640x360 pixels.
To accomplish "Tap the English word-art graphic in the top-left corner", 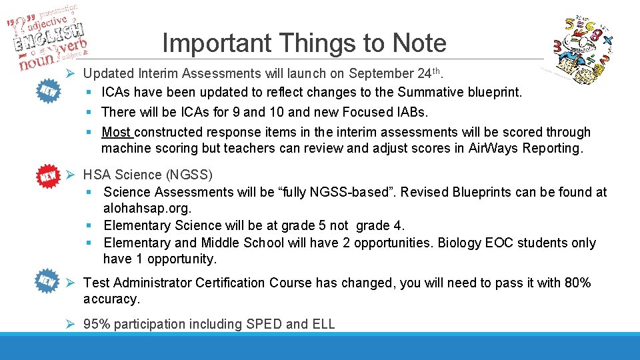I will (x=50, y=37).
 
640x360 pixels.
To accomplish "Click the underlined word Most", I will (x=117, y=133).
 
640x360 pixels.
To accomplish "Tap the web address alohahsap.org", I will (x=143, y=209).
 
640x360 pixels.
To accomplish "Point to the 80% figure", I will (x=577, y=283).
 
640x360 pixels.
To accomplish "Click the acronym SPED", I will (x=264, y=324).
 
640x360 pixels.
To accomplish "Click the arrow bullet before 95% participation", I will (x=74, y=324).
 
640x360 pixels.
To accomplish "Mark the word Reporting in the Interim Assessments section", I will (x=552, y=149).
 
